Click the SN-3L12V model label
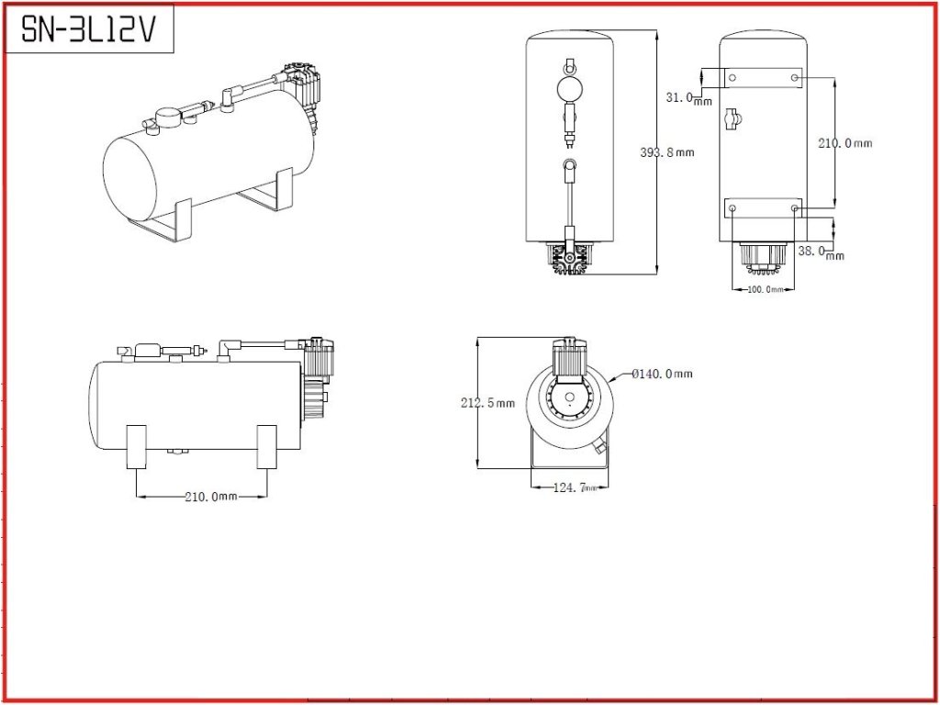coord(87,28)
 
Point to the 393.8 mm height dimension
coord(667,152)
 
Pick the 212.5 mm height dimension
coord(487,403)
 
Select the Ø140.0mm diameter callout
coord(662,374)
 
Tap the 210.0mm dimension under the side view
coord(211,497)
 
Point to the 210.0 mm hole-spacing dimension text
coord(845,143)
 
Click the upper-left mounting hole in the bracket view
coord(733,77)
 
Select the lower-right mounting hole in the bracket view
coord(794,208)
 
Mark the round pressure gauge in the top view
coord(569,89)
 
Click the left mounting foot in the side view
coord(137,447)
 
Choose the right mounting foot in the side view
coord(267,447)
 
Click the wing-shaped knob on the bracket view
coord(733,119)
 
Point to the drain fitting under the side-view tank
coord(177,451)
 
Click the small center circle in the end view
coord(569,397)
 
